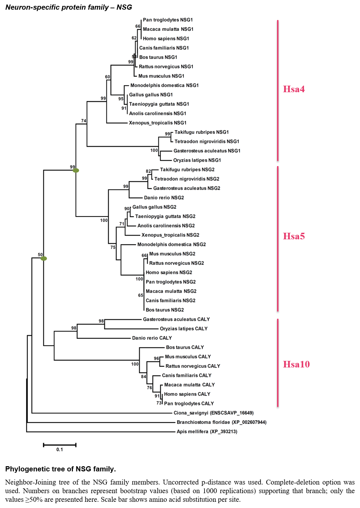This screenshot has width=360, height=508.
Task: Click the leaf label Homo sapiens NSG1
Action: [166, 39]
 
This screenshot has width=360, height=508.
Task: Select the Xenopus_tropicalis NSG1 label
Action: [158, 123]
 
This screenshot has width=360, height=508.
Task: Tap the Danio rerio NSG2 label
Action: [164, 198]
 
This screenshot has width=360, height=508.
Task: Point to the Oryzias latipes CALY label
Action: [184, 329]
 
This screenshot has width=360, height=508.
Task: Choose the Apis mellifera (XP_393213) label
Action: [207, 431]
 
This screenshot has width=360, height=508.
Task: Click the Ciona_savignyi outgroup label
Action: [214, 413]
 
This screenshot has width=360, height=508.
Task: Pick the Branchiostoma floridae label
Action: [221, 422]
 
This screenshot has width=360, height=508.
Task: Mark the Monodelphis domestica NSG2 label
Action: [171, 244]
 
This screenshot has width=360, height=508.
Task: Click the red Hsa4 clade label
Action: [294, 89]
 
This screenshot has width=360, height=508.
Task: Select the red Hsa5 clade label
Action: [294, 236]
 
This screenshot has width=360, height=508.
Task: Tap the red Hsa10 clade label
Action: [296, 364]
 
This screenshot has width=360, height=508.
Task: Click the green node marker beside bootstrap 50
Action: [44, 258]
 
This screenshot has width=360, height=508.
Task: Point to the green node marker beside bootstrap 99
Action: [76, 170]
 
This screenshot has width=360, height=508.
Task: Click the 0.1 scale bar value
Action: [60, 450]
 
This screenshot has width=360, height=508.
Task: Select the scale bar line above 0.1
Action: [60, 445]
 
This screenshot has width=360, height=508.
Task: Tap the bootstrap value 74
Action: [84, 121]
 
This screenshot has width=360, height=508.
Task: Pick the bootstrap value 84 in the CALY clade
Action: [144, 376]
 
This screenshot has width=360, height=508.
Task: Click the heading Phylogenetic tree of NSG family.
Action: [60, 469]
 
